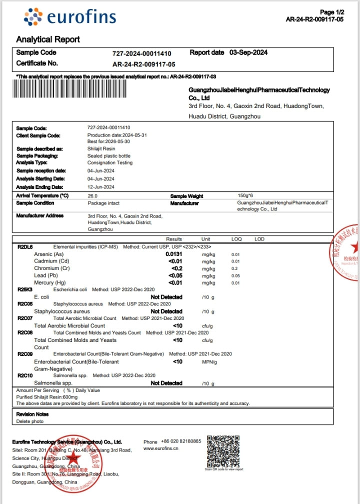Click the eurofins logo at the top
click(69, 17)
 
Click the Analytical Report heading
click(48, 39)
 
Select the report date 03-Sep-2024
click(248, 52)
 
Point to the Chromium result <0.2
click(176, 268)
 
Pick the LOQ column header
click(236, 239)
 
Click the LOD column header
click(259, 239)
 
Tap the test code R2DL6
click(25, 247)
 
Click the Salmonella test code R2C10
click(25, 375)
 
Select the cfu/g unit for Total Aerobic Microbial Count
click(207, 326)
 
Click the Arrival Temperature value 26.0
click(92, 196)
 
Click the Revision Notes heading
click(32, 414)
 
